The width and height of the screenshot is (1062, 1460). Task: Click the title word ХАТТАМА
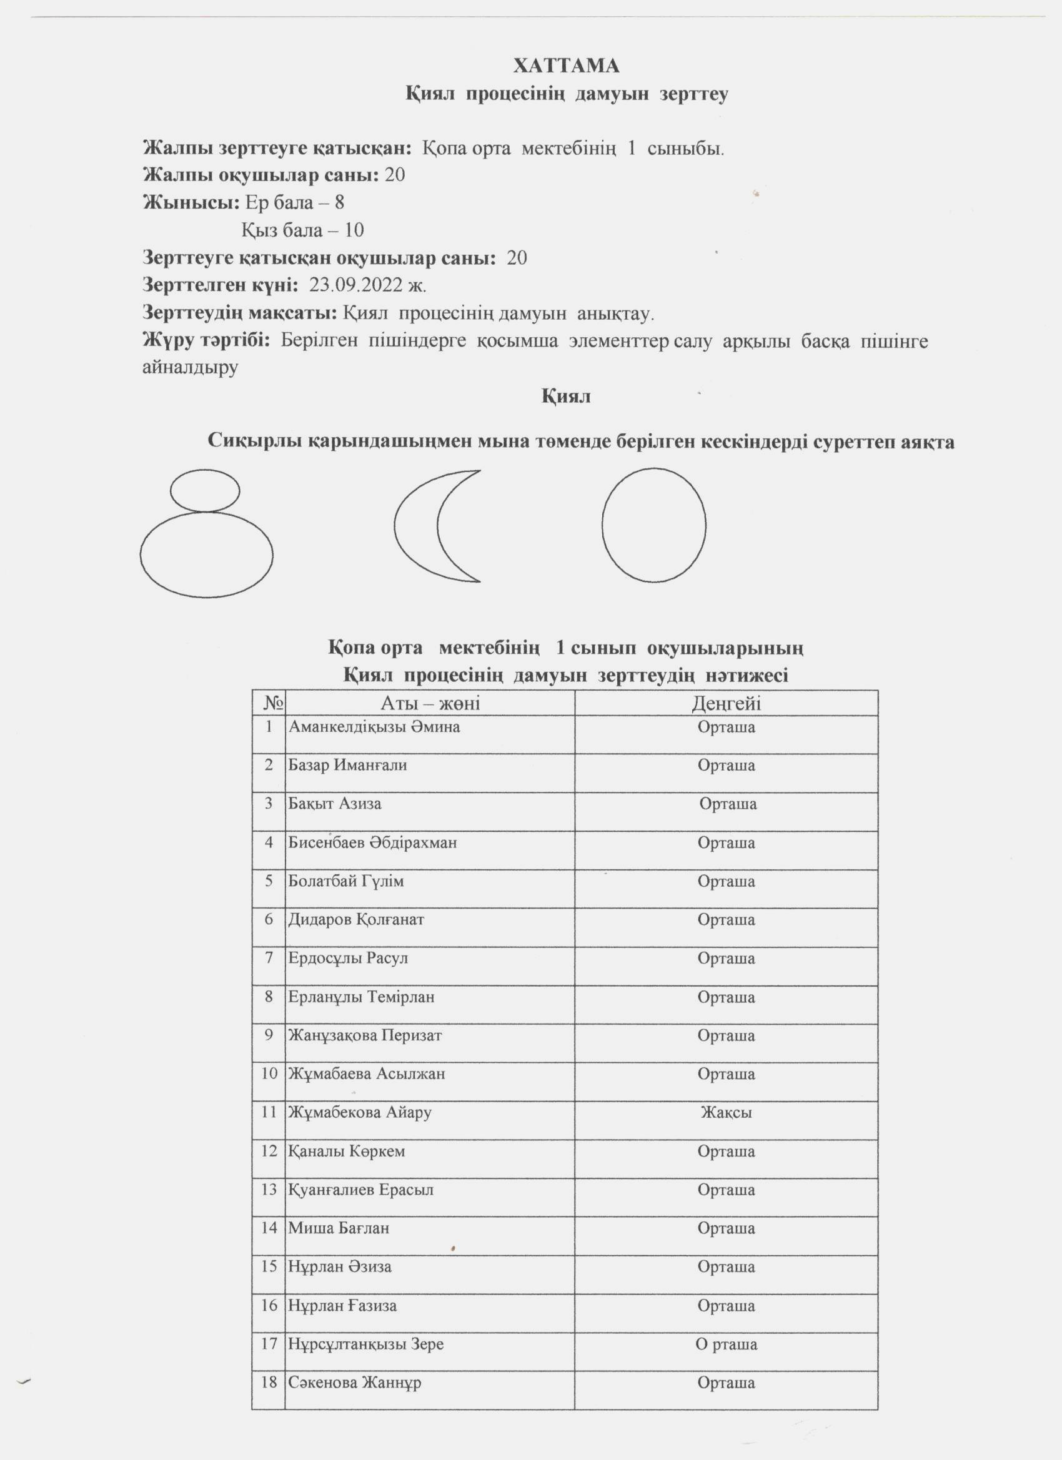[x=566, y=66]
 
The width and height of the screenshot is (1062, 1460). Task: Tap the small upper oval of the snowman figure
[x=205, y=491]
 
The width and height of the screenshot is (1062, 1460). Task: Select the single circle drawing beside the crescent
[x=653, y=525]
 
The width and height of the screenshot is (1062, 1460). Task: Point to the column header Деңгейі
[x=726, y=703]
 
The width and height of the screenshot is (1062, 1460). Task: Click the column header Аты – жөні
[x=430, y=703]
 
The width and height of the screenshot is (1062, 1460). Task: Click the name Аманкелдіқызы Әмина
[x=374, y=728]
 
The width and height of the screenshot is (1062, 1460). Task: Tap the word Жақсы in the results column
[x=726, y=1112]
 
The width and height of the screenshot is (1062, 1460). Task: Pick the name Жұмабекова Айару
[x=359, y=1112]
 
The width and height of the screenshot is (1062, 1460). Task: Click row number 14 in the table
[x=269, y=1228]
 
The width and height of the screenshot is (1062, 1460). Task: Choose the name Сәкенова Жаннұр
[x=354, y=1382]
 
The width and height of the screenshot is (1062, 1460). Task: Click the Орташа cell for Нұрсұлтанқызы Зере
[x=726, y=1344]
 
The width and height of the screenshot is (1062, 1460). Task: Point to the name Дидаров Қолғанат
[x=355, y=919]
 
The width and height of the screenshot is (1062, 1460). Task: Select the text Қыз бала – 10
[x=303, y=230]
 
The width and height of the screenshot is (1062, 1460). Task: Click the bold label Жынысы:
[x=191, y=203]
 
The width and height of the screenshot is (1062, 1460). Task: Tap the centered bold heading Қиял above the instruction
[x=565, y=396]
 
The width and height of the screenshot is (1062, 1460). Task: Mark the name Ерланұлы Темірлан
[x=360, y=997]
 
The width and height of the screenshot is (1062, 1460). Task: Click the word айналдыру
[x=190, y=368]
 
